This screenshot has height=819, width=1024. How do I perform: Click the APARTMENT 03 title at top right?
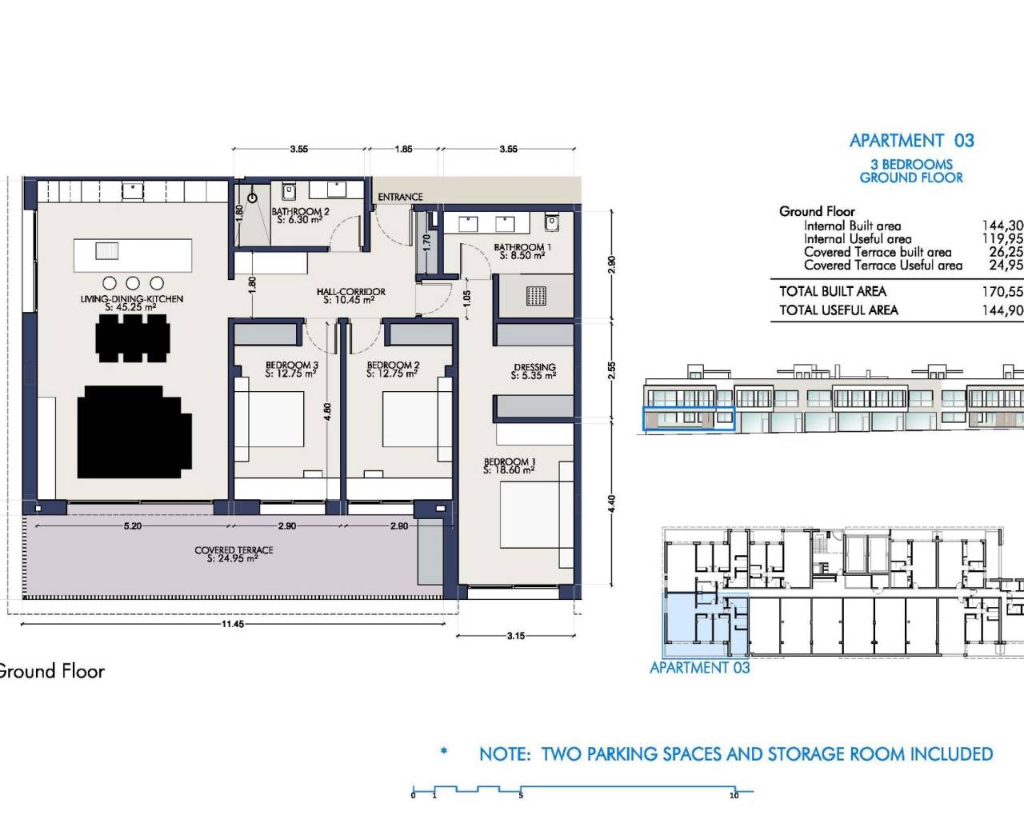[911, 141]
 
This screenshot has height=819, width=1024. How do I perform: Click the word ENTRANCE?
[400, 197]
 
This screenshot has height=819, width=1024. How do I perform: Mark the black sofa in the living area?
[133, 432]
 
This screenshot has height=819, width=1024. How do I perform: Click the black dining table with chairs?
[133, 337]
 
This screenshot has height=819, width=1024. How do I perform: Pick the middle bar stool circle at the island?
[133, 283]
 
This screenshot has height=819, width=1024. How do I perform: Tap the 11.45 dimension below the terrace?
[233, 624]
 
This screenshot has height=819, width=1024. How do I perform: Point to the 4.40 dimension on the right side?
[612, 503]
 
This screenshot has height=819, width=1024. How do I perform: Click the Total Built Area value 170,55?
[1002, 292]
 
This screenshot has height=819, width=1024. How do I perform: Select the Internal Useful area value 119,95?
[1002, 238]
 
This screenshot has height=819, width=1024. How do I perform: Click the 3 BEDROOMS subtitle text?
[911, 164]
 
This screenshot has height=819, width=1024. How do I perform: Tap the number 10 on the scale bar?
[734, 795]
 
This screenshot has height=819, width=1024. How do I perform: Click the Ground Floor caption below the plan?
[51, 671]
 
